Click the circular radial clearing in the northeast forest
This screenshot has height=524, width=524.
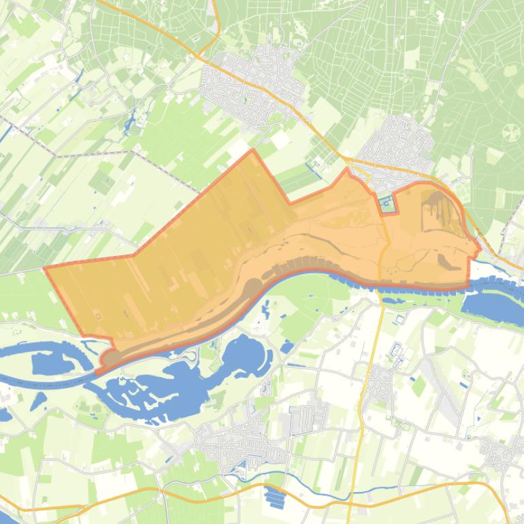(x=510, y=133)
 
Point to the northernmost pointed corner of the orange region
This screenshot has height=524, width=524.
(x=253, y=150)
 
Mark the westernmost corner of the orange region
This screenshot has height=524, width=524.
(x=45, y=268)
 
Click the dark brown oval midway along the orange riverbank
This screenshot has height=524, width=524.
(x=252, y=286)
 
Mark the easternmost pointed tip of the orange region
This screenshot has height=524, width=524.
(x=480, y=248)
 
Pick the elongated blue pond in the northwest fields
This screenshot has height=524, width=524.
(x=129, y=122)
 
